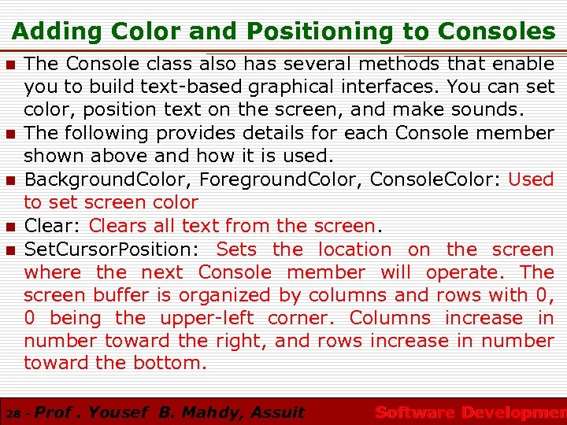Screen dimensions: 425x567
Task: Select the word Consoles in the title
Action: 496,31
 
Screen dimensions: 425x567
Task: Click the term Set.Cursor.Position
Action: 113,249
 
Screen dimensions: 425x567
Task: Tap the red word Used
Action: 531,179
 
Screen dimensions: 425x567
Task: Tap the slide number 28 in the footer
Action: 13,413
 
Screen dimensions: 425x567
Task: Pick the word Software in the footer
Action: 414,412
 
